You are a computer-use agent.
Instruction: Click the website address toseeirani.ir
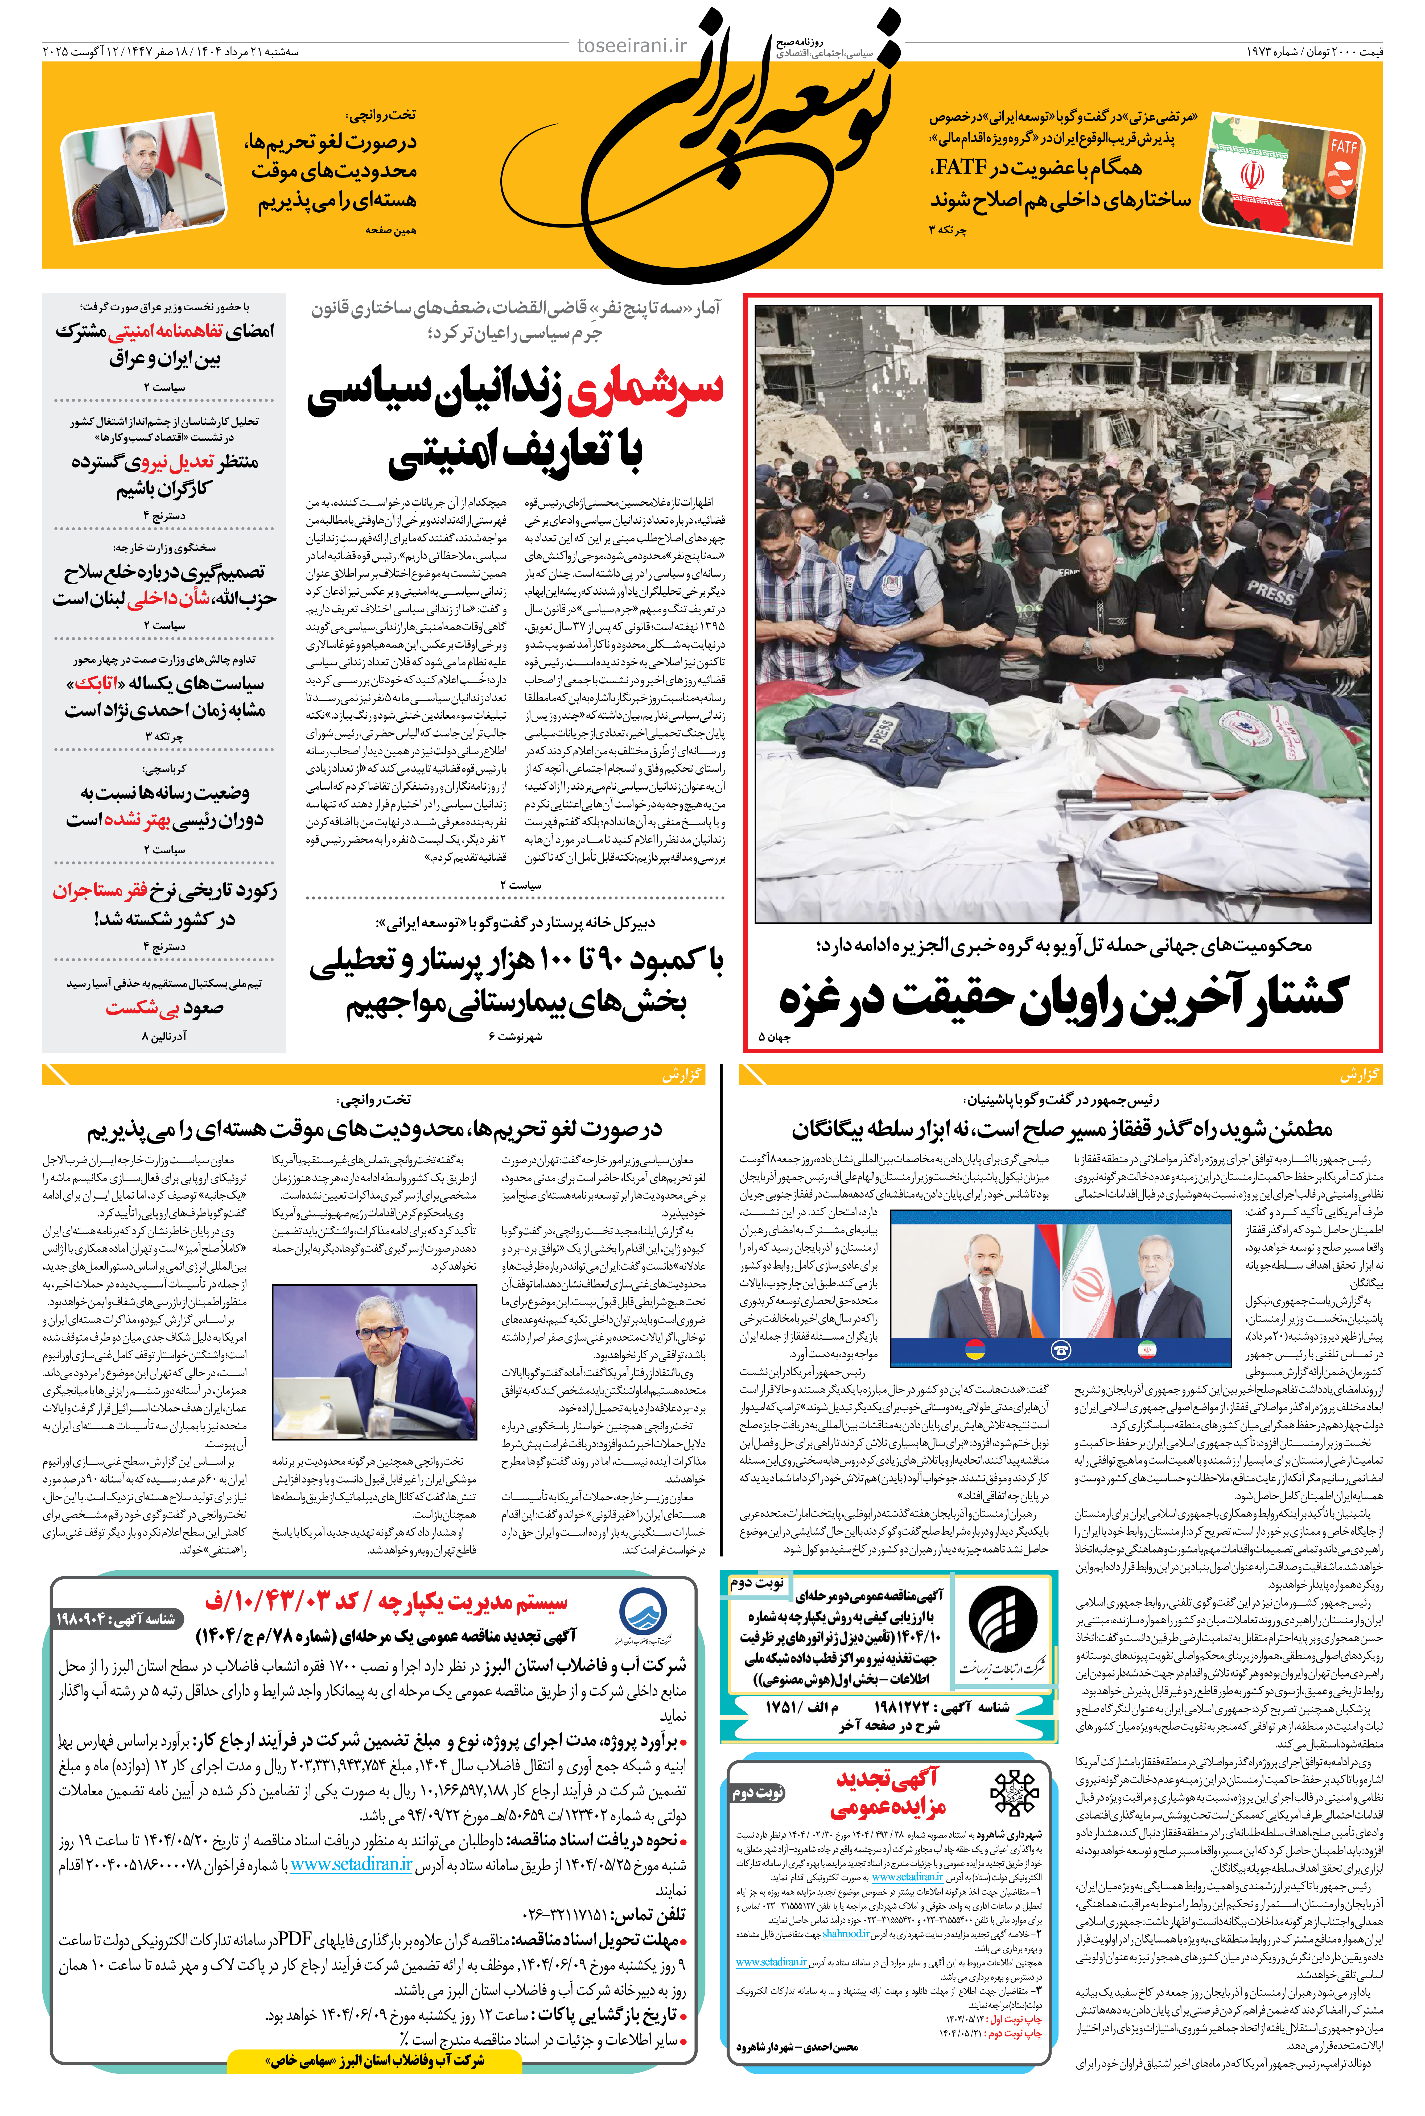click(x=632, y=45)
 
